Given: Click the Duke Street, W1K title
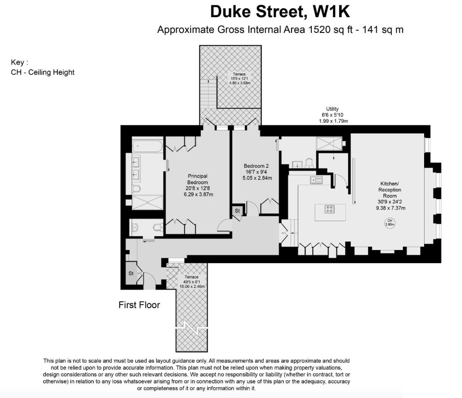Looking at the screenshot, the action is point(280,12).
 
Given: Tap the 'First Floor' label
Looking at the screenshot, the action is point(139,305).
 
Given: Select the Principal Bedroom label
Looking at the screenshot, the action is point(198,185).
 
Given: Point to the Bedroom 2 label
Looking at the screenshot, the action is point(257,172).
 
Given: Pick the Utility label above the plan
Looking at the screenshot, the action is point(333,115).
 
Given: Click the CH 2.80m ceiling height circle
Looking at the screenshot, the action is point(390,222).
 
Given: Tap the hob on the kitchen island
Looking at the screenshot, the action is point(329,209).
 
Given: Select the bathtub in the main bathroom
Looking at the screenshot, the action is point(148,146).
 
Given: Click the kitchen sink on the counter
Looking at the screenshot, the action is point(316,180).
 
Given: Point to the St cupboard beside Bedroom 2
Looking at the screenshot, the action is point(237,211).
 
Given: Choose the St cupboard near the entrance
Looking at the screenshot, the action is point(131,273).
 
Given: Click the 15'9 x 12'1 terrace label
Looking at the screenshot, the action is point(240,79).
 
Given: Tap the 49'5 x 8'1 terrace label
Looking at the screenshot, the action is point(192,282).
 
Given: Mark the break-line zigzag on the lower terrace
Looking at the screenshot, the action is point(192,328).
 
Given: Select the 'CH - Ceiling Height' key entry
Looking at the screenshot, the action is point(42,72).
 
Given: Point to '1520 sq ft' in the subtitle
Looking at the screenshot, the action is point(330,29).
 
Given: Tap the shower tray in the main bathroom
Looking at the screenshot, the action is point(147,202).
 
